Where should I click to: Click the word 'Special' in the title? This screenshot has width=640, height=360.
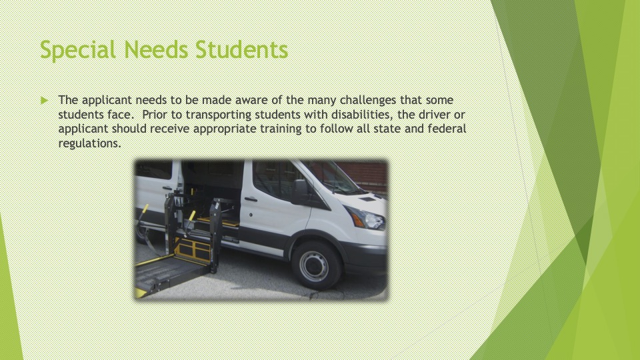coord(78,50)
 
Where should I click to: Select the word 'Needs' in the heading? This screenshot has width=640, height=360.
coord(156,50)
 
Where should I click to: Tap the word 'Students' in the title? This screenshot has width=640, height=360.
coord(241,50)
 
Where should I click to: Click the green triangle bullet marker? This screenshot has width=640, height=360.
coord(45,100)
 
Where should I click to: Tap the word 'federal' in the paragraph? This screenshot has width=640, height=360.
coord(447,129)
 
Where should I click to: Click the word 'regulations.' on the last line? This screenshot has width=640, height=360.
coord(90,144)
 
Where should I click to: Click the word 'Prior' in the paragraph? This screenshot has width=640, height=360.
coord(154,114)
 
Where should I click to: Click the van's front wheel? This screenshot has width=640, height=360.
coord(315,265)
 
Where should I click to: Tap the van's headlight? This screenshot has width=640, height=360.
coord(366,219)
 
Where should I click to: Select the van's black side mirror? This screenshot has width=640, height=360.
coord(299,192)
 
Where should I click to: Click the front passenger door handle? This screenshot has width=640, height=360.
coord(251,199)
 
